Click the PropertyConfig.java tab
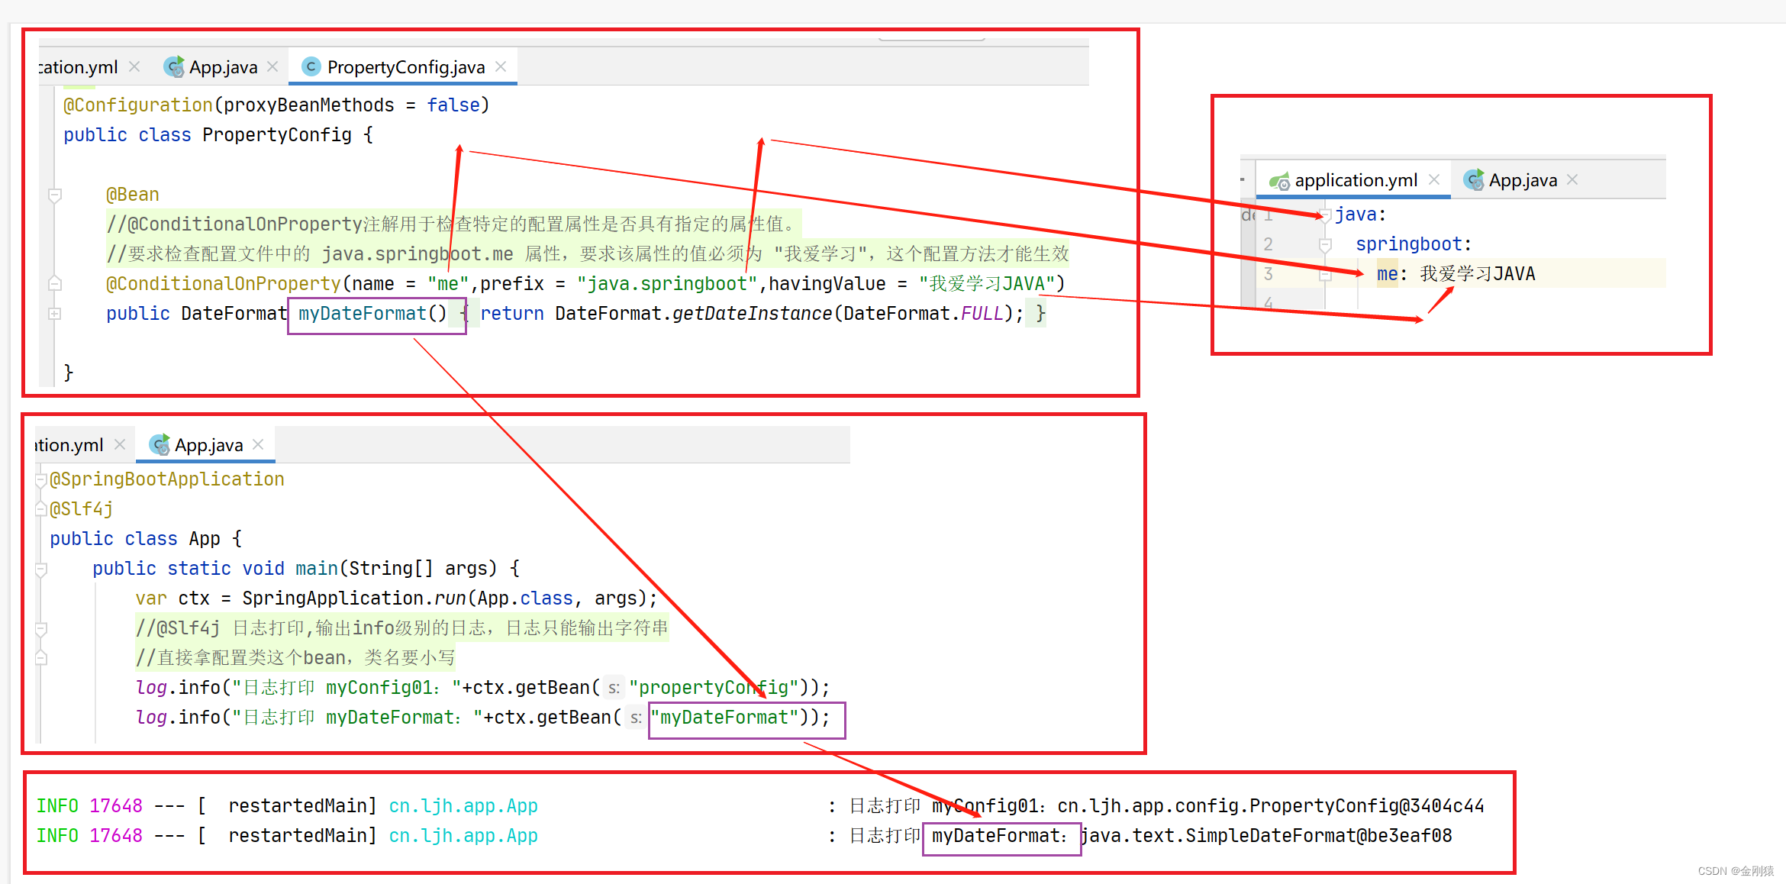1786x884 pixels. [405, 67]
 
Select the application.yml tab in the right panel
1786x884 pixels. [1355, 180]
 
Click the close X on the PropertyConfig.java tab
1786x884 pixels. [501, 66]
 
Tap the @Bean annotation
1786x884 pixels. [133, 195]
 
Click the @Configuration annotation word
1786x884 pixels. [137, 105]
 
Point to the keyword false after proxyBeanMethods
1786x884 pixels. [453, 105]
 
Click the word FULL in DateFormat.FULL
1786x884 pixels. [982, 314]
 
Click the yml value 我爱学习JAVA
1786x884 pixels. [1477, 274]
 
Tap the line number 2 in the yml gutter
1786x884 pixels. [1268, 244]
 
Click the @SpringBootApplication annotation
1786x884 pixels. [167, 479]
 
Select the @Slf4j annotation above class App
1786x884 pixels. [82, 509]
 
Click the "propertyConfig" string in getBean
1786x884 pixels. [714, 688]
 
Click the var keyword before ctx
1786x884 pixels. [150, 598]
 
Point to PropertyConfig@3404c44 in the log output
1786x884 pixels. [1366, 806]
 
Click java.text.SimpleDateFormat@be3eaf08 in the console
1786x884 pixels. [1266, 836]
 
